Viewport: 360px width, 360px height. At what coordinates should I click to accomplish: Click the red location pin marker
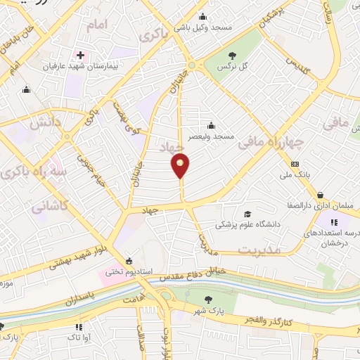coord(181,166)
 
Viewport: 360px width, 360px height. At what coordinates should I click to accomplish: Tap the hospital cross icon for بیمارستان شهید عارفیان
coord(81,55)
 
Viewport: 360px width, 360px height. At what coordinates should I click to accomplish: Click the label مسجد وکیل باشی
coord(203,26)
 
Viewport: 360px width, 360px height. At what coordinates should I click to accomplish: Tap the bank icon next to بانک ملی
coord(294,164)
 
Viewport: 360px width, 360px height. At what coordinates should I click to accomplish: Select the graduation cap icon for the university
coord(246,214)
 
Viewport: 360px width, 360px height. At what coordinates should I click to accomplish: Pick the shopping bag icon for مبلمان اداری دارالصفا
coord(320,195)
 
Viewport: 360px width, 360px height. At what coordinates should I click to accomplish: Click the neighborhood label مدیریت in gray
coord(259,250)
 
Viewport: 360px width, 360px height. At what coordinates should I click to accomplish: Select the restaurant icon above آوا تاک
coord(79,326)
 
